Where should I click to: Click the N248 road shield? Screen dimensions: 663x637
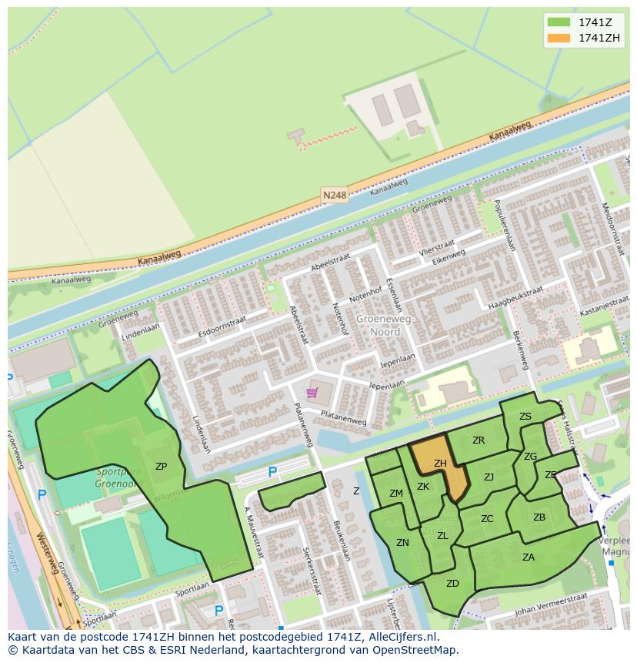pos(335,196)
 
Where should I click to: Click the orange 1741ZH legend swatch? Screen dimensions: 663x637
pos(559,38)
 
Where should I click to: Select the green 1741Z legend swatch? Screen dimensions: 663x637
pos(559,22)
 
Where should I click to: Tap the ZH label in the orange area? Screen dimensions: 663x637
pos(440,464)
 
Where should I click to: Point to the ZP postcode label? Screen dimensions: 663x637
pos(161,467)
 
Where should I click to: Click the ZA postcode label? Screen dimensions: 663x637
pos(529,558)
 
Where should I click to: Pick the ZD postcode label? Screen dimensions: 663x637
pos(452,584)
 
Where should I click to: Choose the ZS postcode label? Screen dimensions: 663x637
pos(525,417)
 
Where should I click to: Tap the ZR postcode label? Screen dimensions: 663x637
pos(479,440)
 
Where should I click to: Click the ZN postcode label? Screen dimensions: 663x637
pos(402,543)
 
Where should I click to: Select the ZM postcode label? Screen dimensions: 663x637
pos(395,494)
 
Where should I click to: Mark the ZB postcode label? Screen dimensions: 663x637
pos(539,517)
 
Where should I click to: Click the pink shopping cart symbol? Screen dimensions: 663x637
pos(312,393)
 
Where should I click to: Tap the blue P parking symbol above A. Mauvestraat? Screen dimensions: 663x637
pos(272,472)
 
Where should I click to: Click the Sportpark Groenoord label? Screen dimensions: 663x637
pos(120,477)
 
